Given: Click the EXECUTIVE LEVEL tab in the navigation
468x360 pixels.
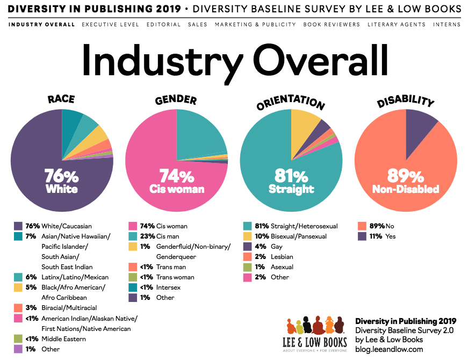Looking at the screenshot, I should [x=110, y=25].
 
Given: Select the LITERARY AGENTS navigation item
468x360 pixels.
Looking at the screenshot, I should [x=389, y=25].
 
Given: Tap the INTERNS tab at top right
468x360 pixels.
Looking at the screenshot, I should [x=447, y=25].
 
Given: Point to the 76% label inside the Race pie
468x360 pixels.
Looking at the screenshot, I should [x=62, y=176].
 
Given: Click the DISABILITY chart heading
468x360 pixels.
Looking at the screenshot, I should [x=406, y=100].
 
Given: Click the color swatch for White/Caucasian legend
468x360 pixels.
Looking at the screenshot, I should [x=18, y=226].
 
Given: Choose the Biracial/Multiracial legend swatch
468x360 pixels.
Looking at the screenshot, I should [x=18, y=308].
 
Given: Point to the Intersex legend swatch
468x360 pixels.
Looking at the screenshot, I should [x=133, y=287].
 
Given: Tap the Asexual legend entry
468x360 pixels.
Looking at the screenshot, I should [x=282, y=267].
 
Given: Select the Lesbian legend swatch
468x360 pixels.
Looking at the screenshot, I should [x=247, y=257].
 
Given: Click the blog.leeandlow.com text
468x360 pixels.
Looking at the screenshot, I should [x=389, y=349].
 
